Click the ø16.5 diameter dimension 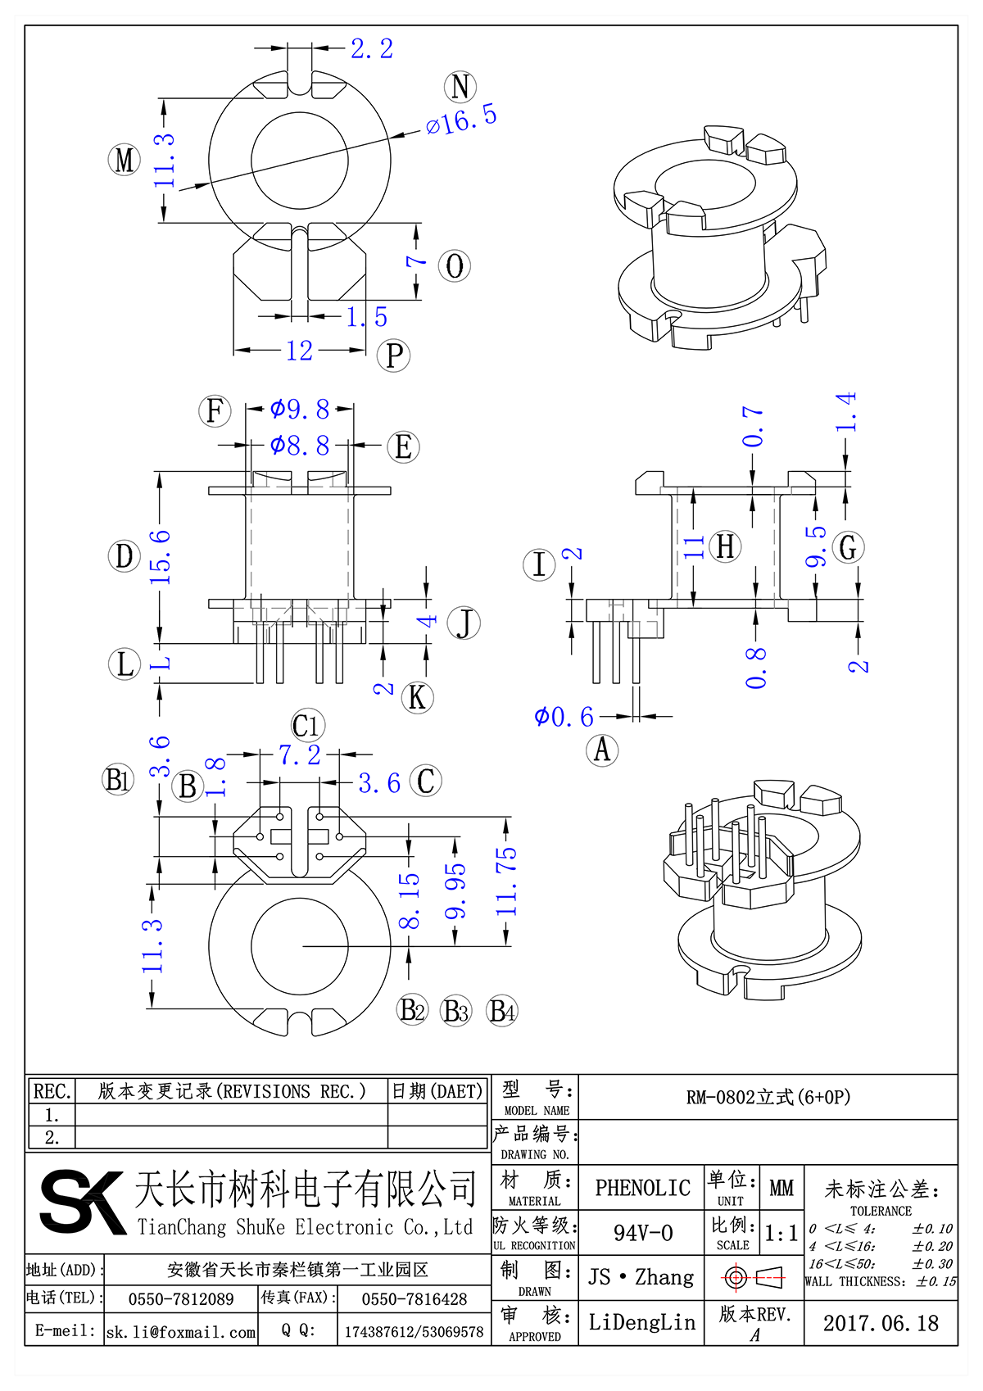(461, 120)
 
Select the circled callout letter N (460, 87)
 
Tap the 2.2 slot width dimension (372, 49)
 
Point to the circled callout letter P (393, 356)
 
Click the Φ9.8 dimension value (300, 409)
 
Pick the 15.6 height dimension (161, 557)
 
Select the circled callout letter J (464, 623)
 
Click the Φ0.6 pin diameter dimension (564, 718)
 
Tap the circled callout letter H (726, 546)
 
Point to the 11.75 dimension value (507, 881)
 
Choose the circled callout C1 (307, 726)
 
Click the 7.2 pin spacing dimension (300, 755)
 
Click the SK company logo (82, 1202)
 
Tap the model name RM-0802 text (768, 1097)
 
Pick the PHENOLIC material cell (642, 1188)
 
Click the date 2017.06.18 (881, 1323)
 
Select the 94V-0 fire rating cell (642, 1233)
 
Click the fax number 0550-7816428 (414, 1299)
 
